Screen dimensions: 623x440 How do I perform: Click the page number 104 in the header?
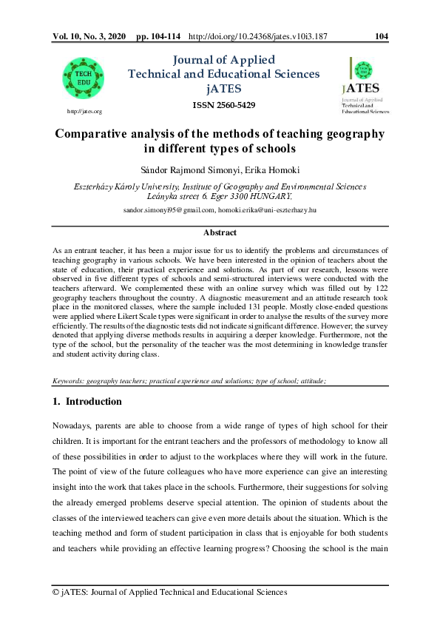382,36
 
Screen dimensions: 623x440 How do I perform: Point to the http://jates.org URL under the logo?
84,111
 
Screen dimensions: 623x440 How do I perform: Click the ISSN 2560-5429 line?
224,105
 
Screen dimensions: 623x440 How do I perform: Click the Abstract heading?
220,233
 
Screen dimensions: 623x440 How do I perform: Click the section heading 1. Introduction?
87,402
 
